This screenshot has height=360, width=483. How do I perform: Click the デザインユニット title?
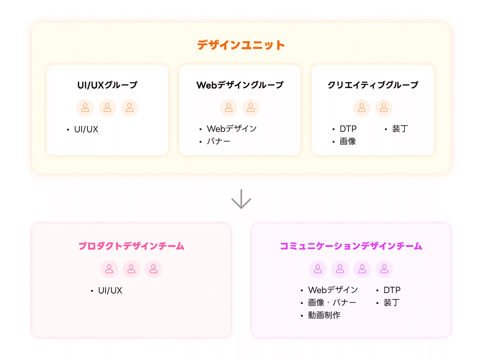click(241, 45)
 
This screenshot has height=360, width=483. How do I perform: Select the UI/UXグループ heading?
click(107, 85)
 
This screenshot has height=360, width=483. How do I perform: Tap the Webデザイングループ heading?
click(240, 85)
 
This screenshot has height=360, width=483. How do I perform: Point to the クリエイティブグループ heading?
click(373, 85)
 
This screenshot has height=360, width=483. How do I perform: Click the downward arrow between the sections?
click(241, 199)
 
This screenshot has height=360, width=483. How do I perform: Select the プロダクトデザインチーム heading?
click(131, 246)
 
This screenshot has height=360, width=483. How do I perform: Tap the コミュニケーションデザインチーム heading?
click(351, 246)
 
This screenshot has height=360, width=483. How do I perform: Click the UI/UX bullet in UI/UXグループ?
click(86, 129)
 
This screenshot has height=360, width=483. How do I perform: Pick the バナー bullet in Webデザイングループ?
click(218, 142)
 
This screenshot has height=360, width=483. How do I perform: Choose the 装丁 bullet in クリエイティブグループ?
click(400, 129)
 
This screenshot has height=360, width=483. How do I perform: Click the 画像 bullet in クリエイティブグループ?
click(348, 142)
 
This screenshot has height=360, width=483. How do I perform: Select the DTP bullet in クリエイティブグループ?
click(348, 129)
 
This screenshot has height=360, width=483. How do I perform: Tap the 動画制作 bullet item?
click(324, 315)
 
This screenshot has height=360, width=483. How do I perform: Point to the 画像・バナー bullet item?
click(332, 303)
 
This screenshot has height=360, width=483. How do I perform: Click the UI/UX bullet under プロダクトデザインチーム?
click(110, 290)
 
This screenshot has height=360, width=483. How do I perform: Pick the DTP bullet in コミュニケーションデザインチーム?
click(392, 290)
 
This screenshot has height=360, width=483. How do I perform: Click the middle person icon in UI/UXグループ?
click(107, 108)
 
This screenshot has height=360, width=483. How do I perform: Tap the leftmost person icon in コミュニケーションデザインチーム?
click(318, 269)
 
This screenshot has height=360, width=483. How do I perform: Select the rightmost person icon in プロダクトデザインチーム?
click(153, 269)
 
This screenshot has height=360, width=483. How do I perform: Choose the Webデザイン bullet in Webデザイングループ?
click(232, 129)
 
